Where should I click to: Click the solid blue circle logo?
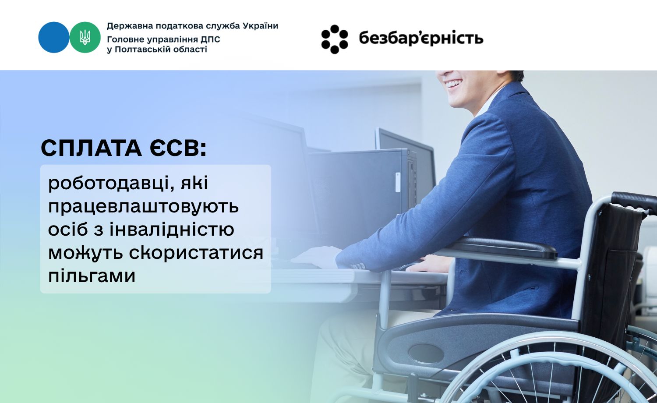[x=53, y=37]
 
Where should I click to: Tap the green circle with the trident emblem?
[x=85, y=37]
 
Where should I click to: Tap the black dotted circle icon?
[x=335, y=39]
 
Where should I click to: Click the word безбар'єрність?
[x=420, y=39]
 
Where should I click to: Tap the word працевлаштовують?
[x=143, y=206]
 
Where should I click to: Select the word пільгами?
[x=92, y=276]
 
